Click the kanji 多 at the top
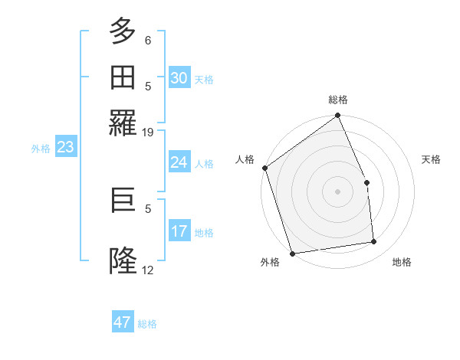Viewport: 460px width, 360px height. [x=123, y=31]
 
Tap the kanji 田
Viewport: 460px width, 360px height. [x=123, y=77]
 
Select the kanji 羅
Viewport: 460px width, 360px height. [x=123, y=122]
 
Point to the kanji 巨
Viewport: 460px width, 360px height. [x=123, y=201]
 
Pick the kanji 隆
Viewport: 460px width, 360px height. [x=123, y=261]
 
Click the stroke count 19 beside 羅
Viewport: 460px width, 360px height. [x=148, y=133]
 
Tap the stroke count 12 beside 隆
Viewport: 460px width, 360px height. [x=148, y=270]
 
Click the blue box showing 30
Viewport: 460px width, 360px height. [x=179, y=77]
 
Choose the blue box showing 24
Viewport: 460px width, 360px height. [x=179, y=162]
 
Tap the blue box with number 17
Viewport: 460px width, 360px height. [x=179, y=231]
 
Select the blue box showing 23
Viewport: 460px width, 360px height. [x=65, y=147]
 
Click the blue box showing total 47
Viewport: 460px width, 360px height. [x=123, y=322]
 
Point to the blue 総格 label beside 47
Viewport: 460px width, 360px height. [x=147, y=324]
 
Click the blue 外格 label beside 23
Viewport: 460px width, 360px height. [x=41, y=149]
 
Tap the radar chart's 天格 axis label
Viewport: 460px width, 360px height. [x=432, y=159]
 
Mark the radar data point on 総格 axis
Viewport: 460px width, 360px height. [x=337, y=116]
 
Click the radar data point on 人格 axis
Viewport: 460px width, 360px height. [x=265, y=169]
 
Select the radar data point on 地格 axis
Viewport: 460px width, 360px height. [x=374, y=242]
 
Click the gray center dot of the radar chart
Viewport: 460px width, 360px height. [x=337, y=191]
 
